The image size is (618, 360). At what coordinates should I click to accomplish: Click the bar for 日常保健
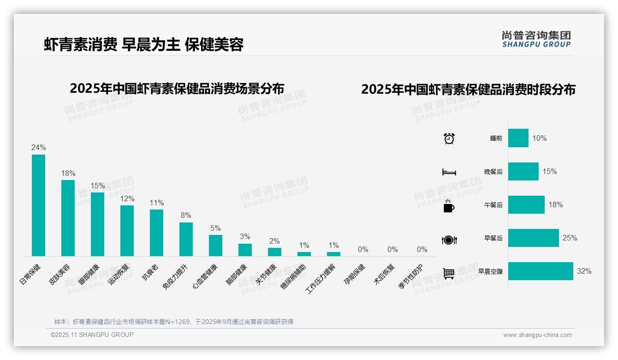coord(38,205)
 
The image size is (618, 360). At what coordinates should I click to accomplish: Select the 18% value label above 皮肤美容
coord(68,174)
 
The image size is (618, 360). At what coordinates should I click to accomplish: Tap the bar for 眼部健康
coord(97,224)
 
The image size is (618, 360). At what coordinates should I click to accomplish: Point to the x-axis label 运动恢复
coord(119,274)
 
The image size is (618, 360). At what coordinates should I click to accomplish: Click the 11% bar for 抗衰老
coord(156,233)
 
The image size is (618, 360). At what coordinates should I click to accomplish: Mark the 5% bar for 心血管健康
coord(215,246)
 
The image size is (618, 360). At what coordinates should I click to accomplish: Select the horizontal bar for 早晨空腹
coord(541,271)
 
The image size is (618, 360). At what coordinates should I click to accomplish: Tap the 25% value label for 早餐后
coord(570,238)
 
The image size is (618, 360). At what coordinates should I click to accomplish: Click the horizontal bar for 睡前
coord(518,138)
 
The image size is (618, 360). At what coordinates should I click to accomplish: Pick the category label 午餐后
coord(493,205)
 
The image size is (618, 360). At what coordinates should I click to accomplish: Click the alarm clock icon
coord(449,138)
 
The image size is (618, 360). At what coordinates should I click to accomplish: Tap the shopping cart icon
coord(449,273)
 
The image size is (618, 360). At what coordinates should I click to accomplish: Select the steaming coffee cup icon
coord(449,206)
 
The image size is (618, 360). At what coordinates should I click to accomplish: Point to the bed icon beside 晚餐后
coord(449,172)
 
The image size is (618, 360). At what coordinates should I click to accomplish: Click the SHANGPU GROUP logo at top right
coord(536,39)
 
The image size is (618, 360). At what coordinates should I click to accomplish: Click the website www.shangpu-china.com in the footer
coord(537,335)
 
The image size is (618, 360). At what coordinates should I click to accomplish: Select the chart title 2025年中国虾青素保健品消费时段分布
coord(468,90)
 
